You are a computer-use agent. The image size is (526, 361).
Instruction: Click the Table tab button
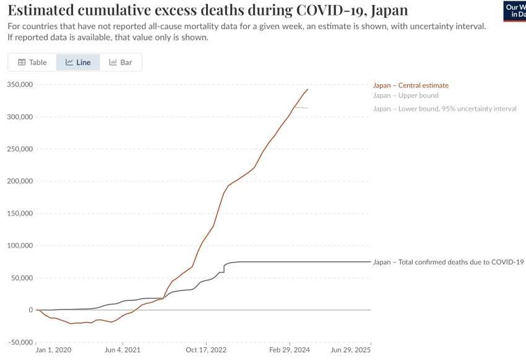point(32,63)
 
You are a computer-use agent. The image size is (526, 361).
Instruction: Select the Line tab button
point(78,63)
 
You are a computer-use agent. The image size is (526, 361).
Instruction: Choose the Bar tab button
point(121,63)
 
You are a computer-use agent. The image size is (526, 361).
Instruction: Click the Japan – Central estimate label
point(411,85)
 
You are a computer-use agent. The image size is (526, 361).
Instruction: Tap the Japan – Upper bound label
point(406,95)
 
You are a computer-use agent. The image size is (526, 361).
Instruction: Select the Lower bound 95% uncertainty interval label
point(444,109)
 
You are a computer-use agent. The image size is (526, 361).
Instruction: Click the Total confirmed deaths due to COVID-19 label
point(449,262)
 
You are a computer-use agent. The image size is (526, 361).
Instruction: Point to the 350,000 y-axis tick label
point(20,85)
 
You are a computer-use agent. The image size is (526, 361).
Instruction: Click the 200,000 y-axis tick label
point(20,181)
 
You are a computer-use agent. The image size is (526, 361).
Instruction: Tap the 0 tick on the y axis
point(30,310)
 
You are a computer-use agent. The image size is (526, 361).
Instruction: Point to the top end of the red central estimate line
point(308,89)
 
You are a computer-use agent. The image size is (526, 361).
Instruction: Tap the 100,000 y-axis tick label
point(20,246)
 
